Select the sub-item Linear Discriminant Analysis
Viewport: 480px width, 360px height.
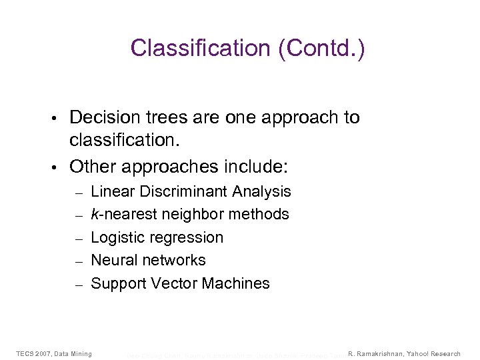[191, 191]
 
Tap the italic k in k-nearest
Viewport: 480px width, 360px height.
[94, 214]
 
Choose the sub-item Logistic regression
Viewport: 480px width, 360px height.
[157, 237]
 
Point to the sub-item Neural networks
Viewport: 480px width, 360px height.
[148, 260]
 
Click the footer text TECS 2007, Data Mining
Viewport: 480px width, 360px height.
[54, 353]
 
